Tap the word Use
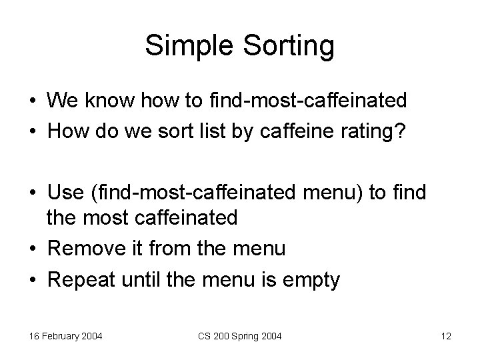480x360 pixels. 65,193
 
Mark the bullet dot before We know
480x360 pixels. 32,101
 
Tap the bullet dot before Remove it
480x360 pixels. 32,249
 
